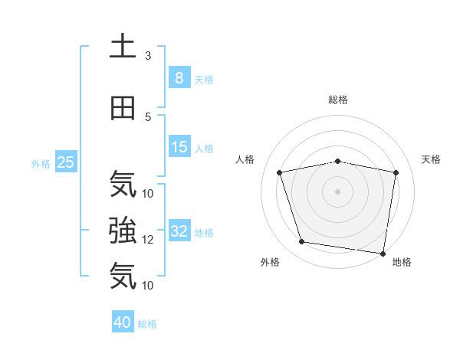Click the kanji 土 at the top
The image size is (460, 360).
coord(123,46)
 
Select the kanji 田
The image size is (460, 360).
coord(123,108)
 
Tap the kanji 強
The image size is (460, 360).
coord(123,229)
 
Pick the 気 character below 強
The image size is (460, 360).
coord(123,275)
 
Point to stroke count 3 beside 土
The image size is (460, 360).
coord(148,56)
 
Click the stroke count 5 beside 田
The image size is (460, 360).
coord(148,116)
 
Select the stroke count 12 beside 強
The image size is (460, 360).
coord(148,239)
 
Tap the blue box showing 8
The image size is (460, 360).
coord(179,78)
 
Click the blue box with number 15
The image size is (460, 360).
coord(179,147)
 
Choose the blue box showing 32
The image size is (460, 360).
coord(179,231)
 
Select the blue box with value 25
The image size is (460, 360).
coord(65,162)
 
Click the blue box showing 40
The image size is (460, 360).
coord(123,322)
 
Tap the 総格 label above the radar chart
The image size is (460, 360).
coord(338,100)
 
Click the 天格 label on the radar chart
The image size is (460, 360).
coord(432,159)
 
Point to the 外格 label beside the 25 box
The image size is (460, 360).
coord(41,163)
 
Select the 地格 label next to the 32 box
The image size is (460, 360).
coord(204,232)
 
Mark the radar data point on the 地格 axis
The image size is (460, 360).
coord(383,253)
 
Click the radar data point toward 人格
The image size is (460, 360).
coord(280,172)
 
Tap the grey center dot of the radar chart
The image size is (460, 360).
coord(338,191)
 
